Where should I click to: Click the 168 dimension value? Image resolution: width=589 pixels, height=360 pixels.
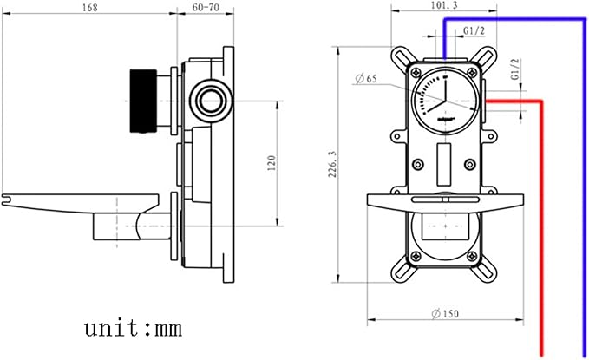pyautogui.click(x=89, y=8)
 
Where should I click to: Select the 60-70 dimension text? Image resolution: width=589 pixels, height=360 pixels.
pyautogui.click(x=206, y=8)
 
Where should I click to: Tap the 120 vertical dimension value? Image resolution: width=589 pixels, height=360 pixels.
pyautogui.click(x=272, y=163)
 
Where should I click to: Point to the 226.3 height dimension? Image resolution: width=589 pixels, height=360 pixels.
pyautogui.click(x=333, y=164)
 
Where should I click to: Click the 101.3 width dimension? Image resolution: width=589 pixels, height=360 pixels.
pyautogui.click(x=444, y=5)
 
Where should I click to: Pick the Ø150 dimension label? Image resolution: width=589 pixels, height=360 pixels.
pyautogui.click(x=445, y=313)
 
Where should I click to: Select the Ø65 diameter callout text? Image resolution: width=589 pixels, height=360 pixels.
pyautogui.click(x=366, y=79)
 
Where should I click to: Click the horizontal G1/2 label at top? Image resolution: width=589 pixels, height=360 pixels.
pyautogui.click(x=474, y=31)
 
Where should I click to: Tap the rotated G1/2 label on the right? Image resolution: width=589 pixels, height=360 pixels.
pyautogui.click(x=515, y=69)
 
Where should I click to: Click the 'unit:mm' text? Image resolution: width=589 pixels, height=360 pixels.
pyautogui.click(x=133, y=328)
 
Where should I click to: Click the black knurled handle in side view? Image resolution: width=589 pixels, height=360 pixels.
pyautogui.click(x=143, y=101)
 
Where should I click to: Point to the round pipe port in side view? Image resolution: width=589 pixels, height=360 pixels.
pyautogui.click(x=211, y=101)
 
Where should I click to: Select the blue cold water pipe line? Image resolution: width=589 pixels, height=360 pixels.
pyautogui.click(x=583, y=188)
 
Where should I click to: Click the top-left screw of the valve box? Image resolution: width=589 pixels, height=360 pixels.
pyautogui.click(x=416, y=73)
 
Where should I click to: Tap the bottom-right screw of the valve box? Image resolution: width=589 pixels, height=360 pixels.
pyautogui.click(x=472, y=256)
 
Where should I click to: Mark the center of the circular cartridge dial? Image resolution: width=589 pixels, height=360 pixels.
pyautogui.click(x=445, y=101)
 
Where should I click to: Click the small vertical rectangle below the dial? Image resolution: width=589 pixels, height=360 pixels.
pyautogui.click(x=444, y=164)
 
